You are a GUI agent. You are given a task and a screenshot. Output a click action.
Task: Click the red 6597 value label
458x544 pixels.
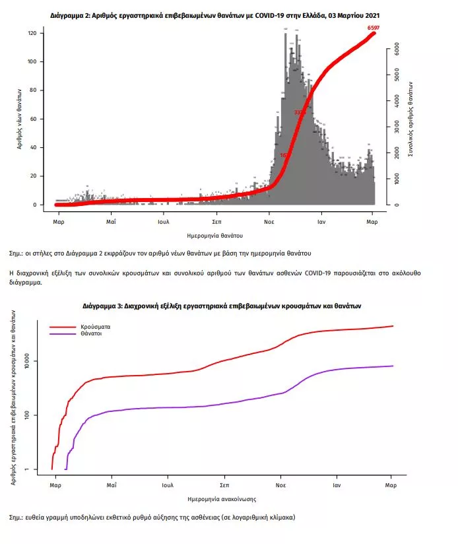coord(373,27)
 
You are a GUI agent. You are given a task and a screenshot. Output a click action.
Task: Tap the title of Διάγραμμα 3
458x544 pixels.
coord(222,306)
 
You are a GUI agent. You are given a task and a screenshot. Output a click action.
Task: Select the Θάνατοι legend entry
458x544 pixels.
coord(91,334)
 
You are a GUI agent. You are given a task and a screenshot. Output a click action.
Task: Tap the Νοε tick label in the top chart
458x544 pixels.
coord(269,222)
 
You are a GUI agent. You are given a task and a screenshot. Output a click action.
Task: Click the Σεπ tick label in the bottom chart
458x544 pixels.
coord(224,485)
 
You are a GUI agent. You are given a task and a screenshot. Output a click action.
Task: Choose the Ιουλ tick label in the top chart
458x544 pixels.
coord(164,222)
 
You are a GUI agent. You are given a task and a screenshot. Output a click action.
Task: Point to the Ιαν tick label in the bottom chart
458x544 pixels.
coord(337,485)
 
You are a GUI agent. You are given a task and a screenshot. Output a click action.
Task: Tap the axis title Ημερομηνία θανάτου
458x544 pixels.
coord(216,235)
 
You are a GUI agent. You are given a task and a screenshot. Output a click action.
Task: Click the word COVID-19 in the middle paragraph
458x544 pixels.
coord(317,273)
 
